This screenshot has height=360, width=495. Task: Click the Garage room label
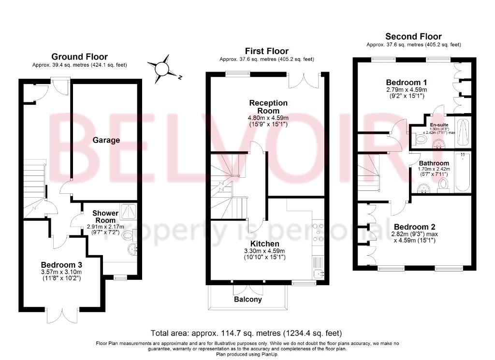(x=106, y=140)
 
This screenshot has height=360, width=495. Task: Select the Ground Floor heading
(x=80, y=57)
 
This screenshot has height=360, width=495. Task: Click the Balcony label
(x=248, y=299)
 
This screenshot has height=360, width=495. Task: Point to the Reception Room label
(x=268, y=107)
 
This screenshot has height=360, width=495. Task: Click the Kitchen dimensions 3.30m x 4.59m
(x=264, y=251)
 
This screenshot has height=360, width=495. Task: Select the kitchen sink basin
(x=319, y=274)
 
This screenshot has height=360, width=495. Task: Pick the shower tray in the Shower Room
(x=129, y=212)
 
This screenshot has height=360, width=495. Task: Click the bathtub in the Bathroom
(x=463, y=173)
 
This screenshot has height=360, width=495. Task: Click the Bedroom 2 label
(x=414, y=227)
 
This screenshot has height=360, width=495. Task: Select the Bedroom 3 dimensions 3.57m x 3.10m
(x=61, y=272)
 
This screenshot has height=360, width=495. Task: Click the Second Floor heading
(x=413, y=36)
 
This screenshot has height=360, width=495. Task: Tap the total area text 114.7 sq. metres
(x=236, y=333)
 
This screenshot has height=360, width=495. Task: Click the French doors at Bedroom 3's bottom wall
(x=62, y=315)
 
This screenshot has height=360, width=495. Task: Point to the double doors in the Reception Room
(x=305, y=80)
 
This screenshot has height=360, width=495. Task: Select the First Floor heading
(x=267, y=51)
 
